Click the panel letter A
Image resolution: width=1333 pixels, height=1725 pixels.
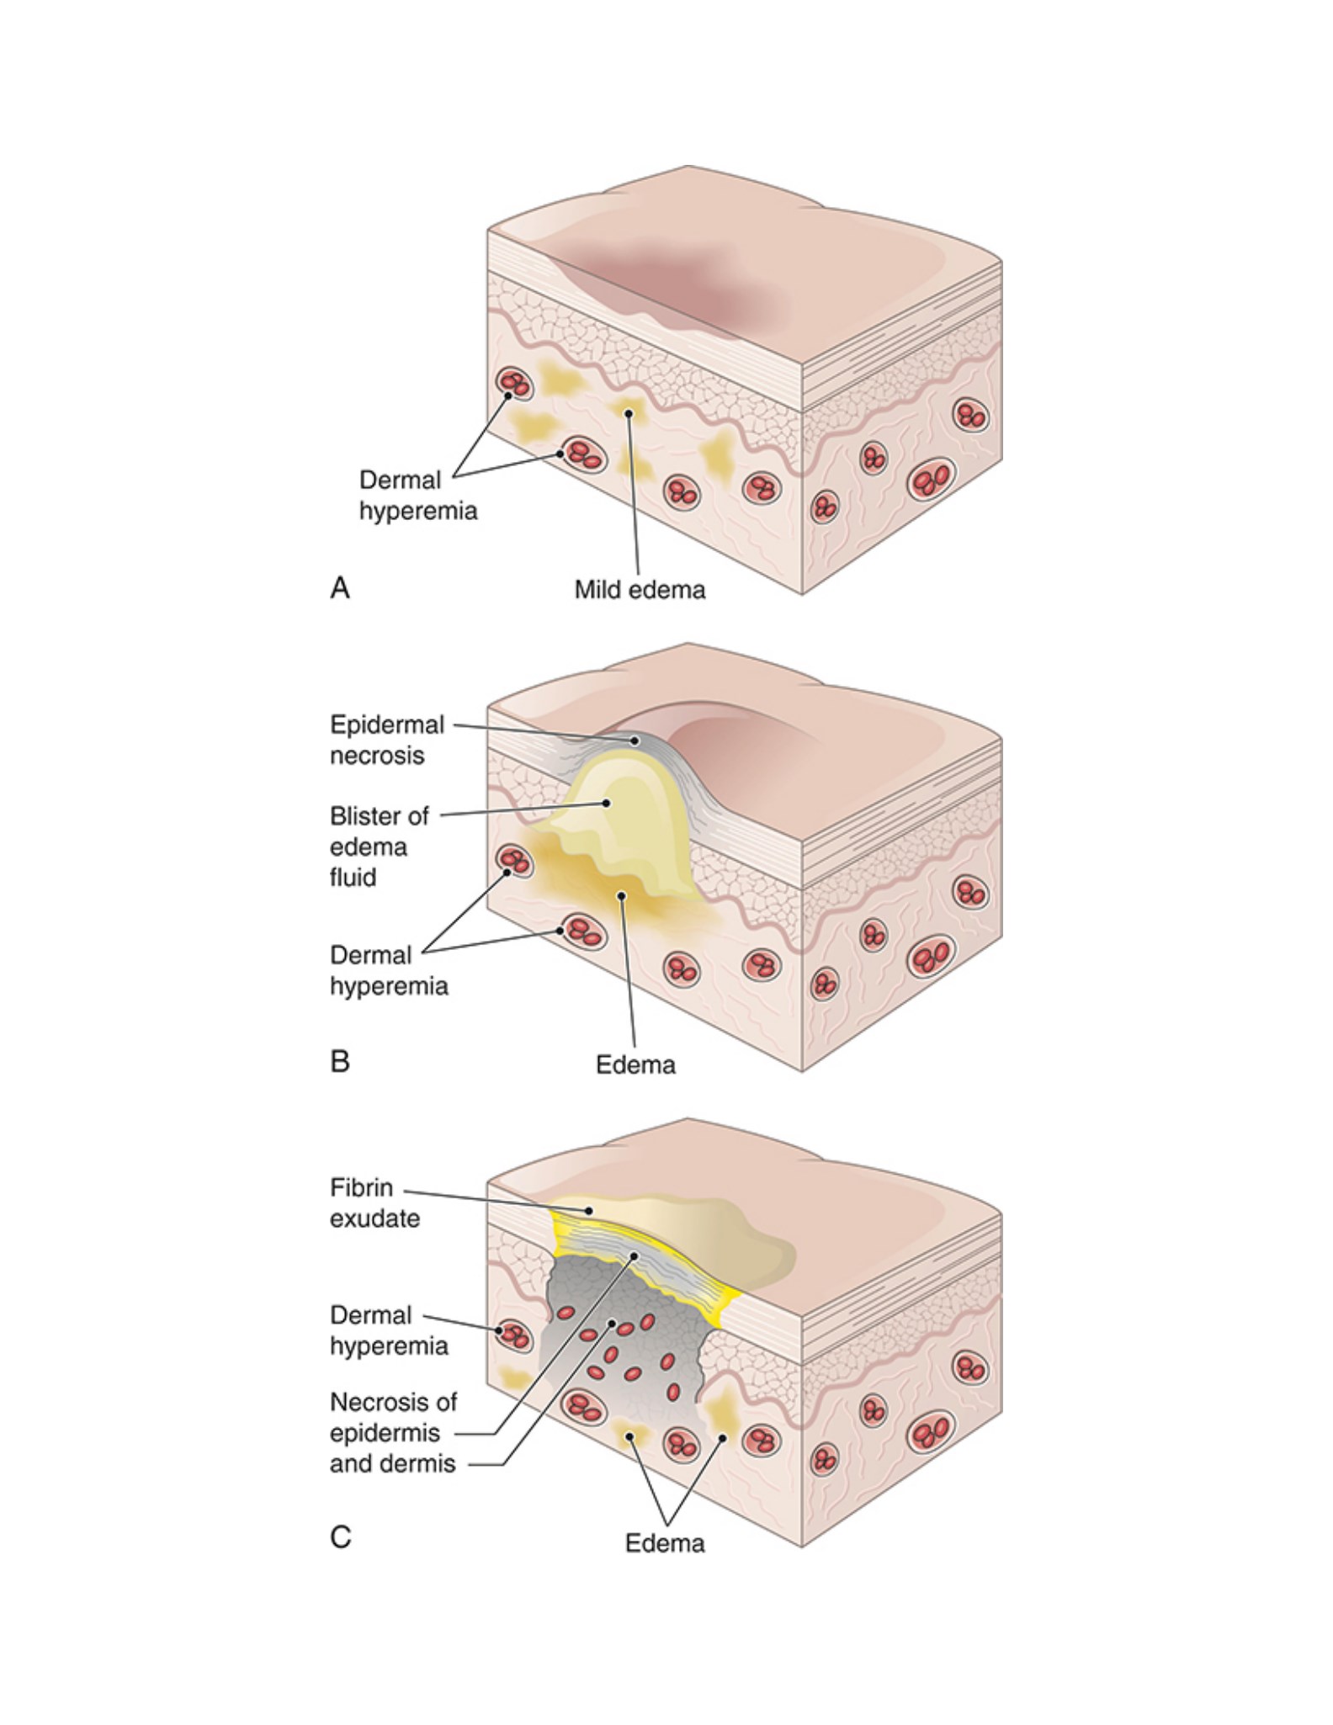point(340,586)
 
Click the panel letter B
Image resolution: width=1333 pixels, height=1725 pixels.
point(340,1061)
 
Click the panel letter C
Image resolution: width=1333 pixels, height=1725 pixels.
point(340,1537)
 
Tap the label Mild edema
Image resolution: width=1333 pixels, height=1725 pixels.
point(640,589)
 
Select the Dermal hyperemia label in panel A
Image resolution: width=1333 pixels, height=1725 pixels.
point(418,496)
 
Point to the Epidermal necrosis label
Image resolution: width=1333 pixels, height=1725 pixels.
point(387,740)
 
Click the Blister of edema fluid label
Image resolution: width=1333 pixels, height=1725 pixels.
point(379,847)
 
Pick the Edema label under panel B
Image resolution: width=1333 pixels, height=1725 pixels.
point(635,1064)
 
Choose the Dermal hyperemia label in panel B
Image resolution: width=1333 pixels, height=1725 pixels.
point(389,970)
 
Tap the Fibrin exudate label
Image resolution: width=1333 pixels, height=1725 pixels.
point(374,1202)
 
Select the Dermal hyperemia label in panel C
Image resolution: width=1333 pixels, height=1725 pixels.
point(389,1330)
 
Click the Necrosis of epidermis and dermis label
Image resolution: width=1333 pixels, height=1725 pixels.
point(393,1432)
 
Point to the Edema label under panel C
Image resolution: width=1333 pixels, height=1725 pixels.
point(665,1542)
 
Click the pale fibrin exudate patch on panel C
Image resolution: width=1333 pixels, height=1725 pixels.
point(673,1229)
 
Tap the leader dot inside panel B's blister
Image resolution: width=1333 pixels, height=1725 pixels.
point(606,803)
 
